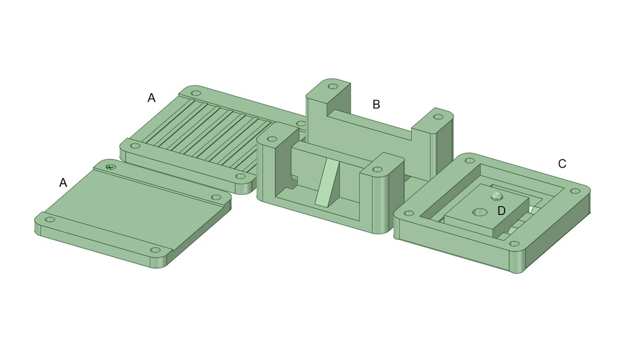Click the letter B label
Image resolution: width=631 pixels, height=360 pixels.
click(376, 105)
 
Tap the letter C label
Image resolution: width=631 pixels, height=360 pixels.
click(562, 164)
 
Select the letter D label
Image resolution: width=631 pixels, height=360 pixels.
click(502, 211)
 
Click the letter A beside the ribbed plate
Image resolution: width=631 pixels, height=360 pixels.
click(152, 98)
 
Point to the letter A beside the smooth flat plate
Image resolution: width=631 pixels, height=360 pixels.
click(63, 183)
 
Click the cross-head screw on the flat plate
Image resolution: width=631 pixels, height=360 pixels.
click(110, 166)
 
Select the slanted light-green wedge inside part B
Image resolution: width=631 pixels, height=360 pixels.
click(327, 182)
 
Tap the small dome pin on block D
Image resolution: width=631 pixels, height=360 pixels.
click(497, 195)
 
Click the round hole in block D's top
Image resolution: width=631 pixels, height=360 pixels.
click(479, 212)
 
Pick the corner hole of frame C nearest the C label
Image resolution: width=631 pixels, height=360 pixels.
click(576, 191)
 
